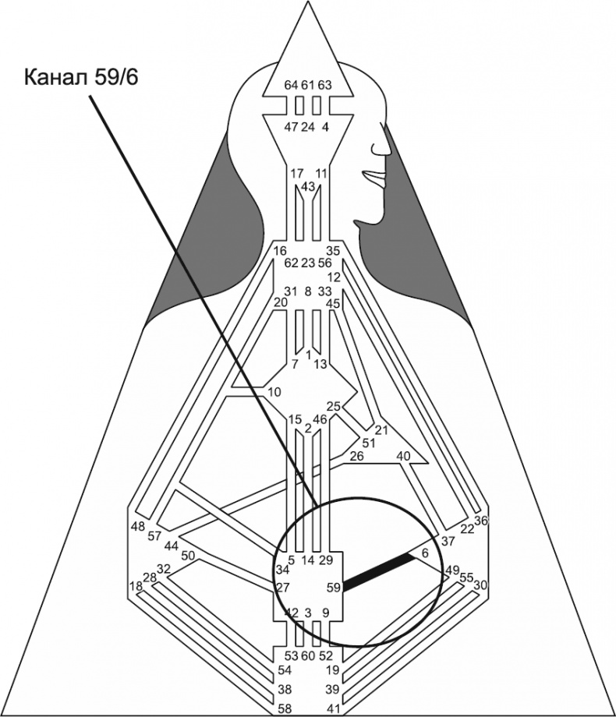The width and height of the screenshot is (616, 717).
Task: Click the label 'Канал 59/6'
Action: [x=81, y=78]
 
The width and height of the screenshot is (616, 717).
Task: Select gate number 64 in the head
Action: [x=291, y=85]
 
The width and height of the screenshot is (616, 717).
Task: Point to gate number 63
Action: [x=325, y=85]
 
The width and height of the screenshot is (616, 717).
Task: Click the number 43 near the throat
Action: [x=308, y=187]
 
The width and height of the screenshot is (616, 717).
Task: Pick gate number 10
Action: [x=274, y=391]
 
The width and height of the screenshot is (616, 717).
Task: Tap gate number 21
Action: [x=381, y=430]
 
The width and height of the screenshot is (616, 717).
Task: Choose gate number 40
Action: [x=404, y=456]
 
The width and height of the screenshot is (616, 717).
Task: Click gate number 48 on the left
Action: [x=138, y=526]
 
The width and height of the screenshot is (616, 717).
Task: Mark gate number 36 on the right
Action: [x=480, y=521]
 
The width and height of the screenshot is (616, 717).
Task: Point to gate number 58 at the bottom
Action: [x=285, y=708]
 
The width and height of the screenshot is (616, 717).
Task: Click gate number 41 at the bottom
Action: [x=333, y=708]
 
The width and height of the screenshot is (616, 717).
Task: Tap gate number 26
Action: [x=356, y=456]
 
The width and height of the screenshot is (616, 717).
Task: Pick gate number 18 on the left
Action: [x=136, y=585]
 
